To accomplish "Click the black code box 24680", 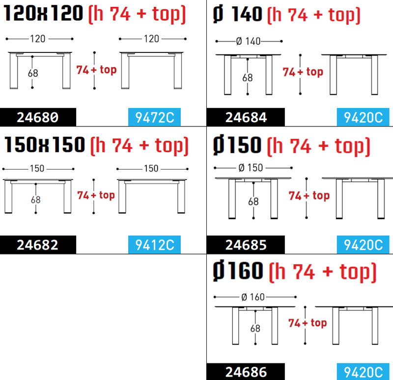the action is (x=38, y=117).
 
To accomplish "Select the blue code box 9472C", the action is (x=154, y=117).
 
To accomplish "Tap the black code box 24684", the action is (x=246, y=117).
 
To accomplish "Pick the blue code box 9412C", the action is (x=154, y=245).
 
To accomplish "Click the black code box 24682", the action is (x=38, y=245).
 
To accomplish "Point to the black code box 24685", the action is (x=246, y=245).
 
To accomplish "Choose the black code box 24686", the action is (x=246, y=372).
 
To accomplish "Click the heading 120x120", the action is (x=43, y=13).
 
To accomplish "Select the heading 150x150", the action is (x=45, y=144).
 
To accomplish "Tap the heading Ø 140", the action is (x=237, y=14).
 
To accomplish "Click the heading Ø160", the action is (x=238, y=271).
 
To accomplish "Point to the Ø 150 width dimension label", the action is (x=251, y=168).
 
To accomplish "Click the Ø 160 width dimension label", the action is (x=253, y=297).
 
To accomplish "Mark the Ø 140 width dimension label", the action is (x=249, y=41).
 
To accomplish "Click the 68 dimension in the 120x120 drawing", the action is (x=33, y=73).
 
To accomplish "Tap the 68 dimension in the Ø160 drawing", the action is (x=255, y=328).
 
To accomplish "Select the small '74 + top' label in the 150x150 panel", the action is (x=96, y=195).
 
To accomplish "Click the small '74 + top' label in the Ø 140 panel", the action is (x=303, y=72).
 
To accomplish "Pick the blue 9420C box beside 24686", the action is (x=363, y=372).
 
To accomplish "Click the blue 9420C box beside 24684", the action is (x=363, y=117).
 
